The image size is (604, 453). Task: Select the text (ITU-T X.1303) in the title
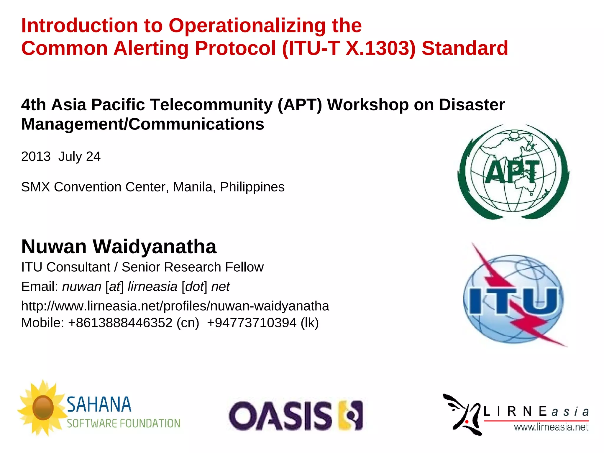[x=349, y=49]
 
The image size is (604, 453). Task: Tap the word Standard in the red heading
[x=465, y=49]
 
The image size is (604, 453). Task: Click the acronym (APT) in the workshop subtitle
[x=300, y=105]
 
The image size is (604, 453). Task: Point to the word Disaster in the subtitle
[x=472, y=105]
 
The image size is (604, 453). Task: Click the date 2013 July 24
[x=61, y=157]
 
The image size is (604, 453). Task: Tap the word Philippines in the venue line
[x=252, y=187]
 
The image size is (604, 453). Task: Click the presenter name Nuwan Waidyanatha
[x=119, y=247]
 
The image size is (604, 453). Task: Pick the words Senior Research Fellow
[x=193, y=267]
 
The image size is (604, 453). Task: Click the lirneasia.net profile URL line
[x=175, y=306]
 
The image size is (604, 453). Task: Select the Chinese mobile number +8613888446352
[x=120, y=323]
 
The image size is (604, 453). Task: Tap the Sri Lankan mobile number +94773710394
[x=252, y=323]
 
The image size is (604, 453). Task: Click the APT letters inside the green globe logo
[x=513, y=172]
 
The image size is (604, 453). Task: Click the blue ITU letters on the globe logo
[x=513, y=301]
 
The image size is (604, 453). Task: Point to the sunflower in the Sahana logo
[x=43, y=408]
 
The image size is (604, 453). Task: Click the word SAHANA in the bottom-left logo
[x=99, y=405]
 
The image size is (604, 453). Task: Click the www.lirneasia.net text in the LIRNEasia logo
[x=551, y=427]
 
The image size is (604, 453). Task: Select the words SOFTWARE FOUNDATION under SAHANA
[x=124, y=424]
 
